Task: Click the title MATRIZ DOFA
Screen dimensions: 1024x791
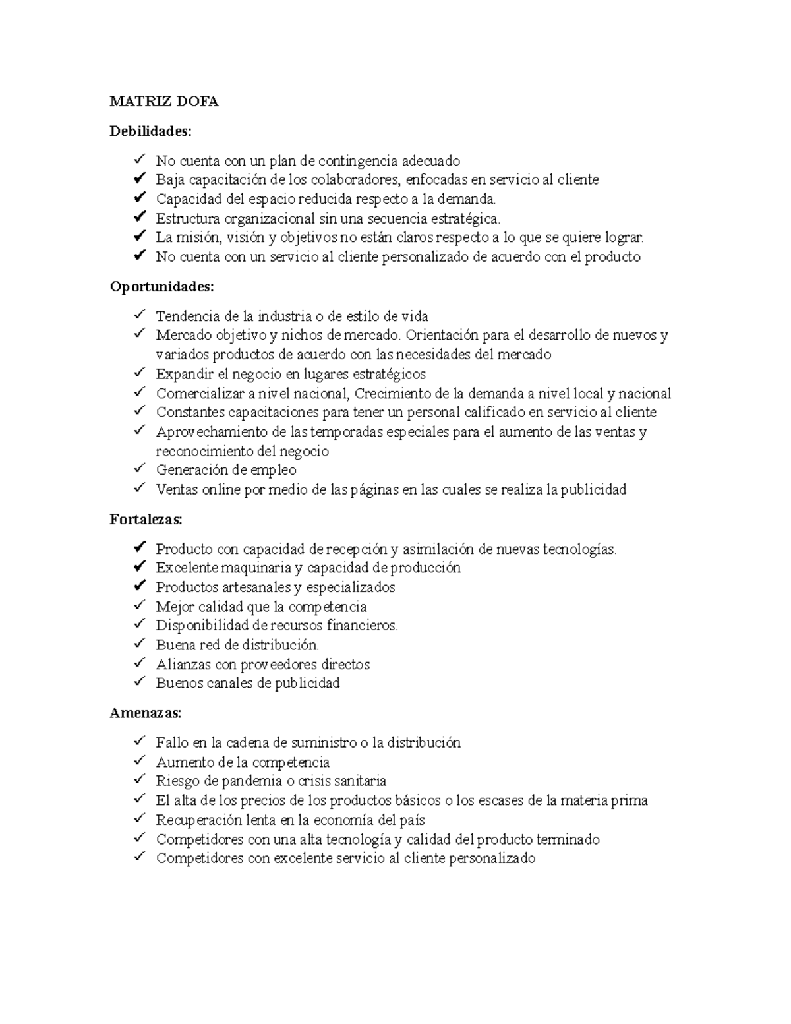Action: click(x=163, y=102)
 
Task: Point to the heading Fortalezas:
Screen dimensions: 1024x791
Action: click(x=146, y=520)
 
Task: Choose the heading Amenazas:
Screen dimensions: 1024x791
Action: click(x=145, y=713)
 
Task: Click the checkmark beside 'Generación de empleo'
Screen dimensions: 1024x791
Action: click(x=139, y=469)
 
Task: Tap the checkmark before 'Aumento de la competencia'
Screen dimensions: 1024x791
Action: click(x=139, y=761)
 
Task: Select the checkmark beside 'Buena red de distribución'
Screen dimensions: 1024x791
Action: click(x=139, y=644)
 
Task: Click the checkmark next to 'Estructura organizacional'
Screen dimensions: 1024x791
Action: click(x=139, y=217)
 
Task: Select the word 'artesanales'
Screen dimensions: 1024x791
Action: click(x=256, y=587)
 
